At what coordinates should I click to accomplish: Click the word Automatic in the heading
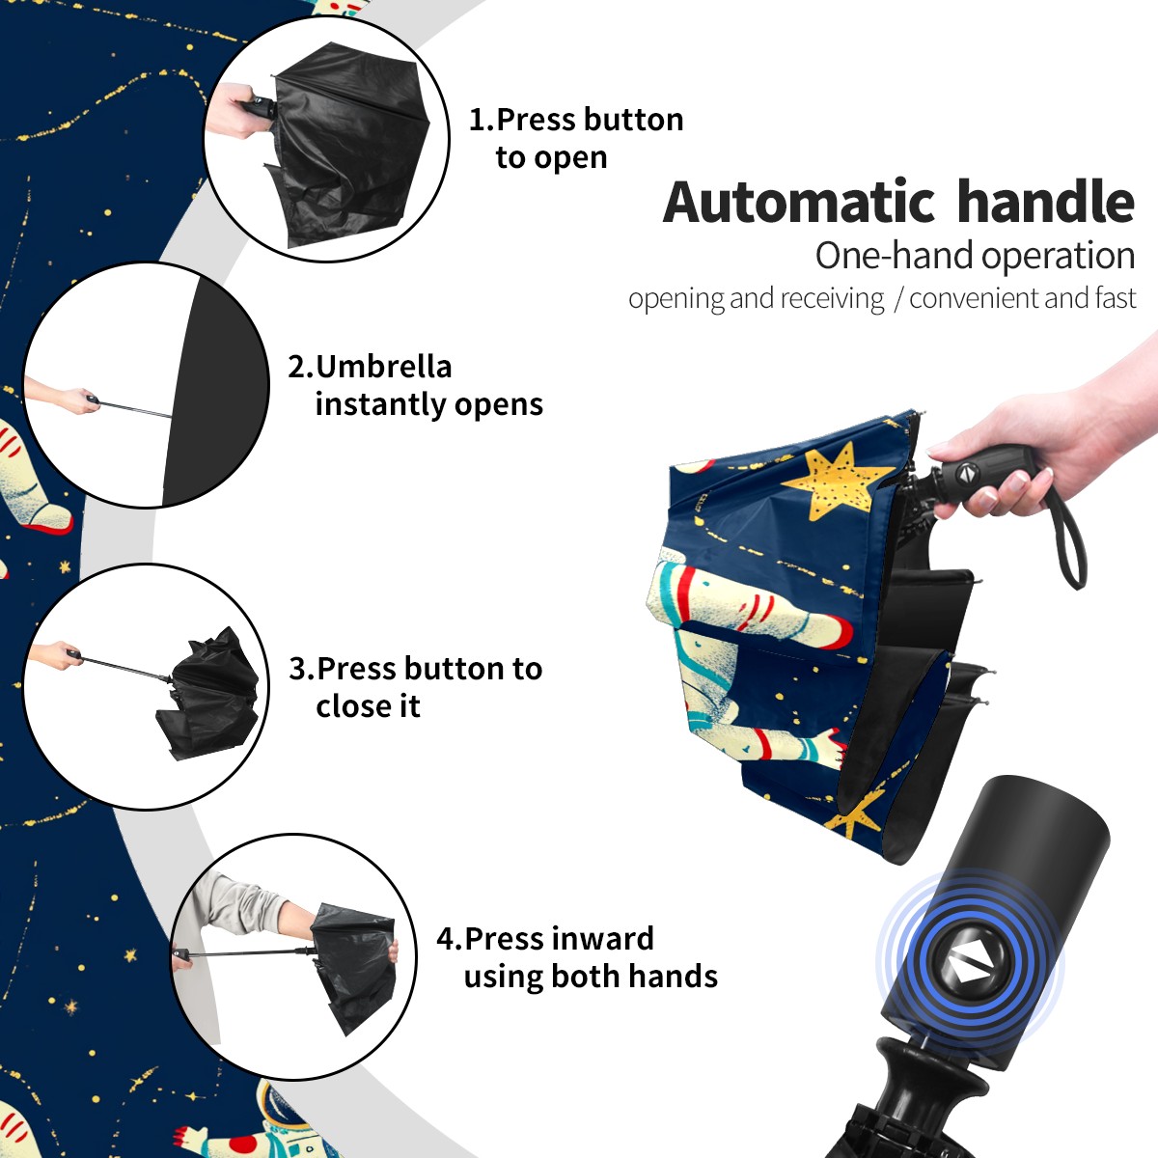click(x=799, y=203)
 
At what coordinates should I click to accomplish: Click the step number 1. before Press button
click(x=482, y=120)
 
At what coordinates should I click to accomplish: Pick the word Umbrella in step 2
click(x=383, y=367)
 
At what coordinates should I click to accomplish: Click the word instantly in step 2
click(x=381, y=405)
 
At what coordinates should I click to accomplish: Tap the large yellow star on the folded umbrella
click(x=840, y=481)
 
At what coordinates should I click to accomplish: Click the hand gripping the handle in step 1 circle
click(x=238, y=111)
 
